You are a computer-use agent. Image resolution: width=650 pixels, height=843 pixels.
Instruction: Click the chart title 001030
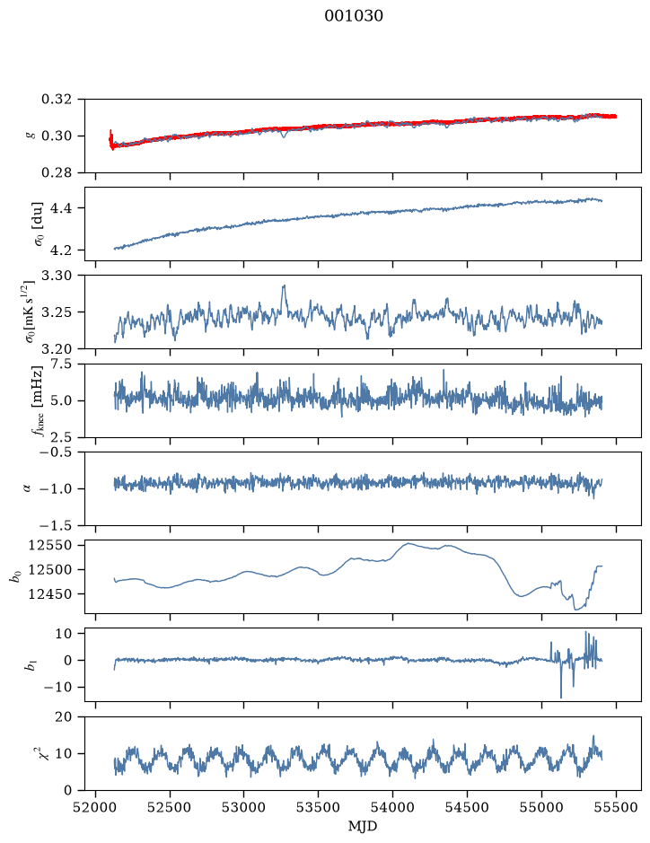pyautogui.click(x=354, y=16)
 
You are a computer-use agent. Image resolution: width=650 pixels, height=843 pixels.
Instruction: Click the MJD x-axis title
pyautogui.click(x=363, y=826)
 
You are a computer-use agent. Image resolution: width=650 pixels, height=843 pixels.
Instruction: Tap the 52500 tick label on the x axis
pyautogui.click(x=170, y=807)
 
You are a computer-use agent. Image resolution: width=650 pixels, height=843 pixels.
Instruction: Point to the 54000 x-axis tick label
pyautogui.click(x=393, y=807)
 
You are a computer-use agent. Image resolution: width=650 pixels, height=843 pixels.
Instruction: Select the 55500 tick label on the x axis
pyautogui.click(x=616, y=807)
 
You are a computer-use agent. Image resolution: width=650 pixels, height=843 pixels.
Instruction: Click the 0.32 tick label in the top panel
pyautogui.click(x=56, y=100)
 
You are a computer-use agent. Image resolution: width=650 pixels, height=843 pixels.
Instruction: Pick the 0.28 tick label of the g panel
pyautogui.click(x=56, y=172)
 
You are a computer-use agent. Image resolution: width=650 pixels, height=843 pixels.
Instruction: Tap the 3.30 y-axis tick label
pyautogui.click(x=56, y=276)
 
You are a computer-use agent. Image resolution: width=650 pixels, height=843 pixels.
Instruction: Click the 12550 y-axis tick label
pyautogui.click(x=49, y=546)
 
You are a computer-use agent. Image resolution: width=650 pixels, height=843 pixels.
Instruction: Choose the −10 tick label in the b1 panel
pyautogui.click(x=57, y=687)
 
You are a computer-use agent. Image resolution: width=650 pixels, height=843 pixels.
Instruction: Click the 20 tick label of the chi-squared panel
pyautogui.click(x=64, y=716)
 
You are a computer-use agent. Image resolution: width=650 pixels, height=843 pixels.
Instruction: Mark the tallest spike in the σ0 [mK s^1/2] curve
pyautogui.click(x=284, y=286)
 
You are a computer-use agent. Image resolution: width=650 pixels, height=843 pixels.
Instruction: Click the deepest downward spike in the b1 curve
pyautogui.click(x=561, y=698)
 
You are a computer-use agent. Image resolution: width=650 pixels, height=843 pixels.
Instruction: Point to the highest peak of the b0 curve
pyautogui.click(x=408, y=543)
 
